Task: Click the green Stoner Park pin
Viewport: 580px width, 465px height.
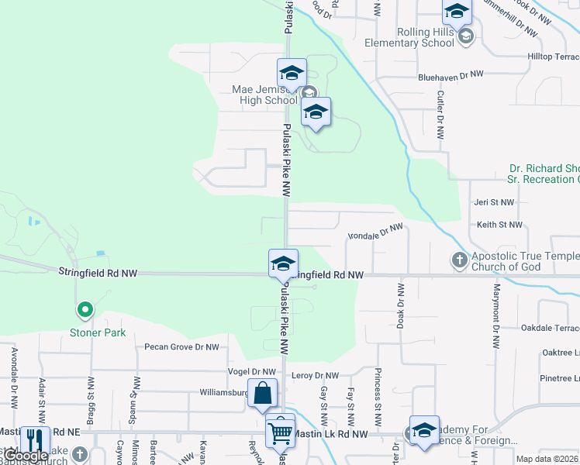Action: (x=85, y=311)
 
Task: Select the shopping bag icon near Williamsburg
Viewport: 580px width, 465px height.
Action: (x=263, y=394)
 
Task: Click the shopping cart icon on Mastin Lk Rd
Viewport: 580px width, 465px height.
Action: (x=280, y=430)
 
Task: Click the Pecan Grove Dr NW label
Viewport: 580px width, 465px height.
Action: (x=181, y=347)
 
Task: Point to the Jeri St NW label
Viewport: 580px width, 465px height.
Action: (x=495, y=202)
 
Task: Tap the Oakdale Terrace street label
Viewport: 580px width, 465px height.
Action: (x=550, y=328)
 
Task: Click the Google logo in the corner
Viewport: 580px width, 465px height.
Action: (x=25, y=456)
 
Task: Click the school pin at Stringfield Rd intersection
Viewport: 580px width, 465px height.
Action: (x=284, y=263)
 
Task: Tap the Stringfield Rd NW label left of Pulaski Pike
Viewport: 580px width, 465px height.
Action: (x=97, y=271)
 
